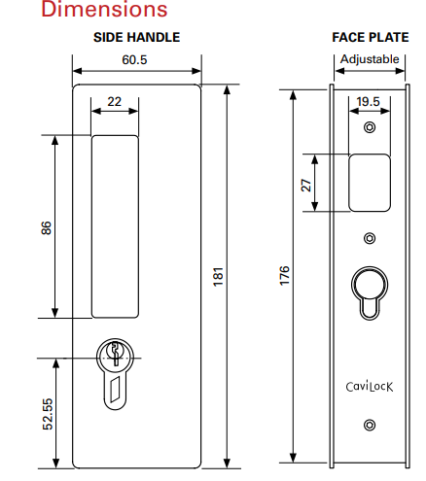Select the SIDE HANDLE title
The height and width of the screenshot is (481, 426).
point(136,38)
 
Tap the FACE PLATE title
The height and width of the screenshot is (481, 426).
point(368,38)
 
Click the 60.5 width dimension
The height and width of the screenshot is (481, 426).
point(135,60)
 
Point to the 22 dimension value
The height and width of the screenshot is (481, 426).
point(114,102)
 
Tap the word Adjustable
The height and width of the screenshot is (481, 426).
point(369,60)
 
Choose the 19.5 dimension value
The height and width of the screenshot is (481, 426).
point(368,102)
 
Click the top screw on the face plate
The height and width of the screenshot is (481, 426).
point(369,128)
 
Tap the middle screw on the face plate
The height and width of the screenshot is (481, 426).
point(369,238)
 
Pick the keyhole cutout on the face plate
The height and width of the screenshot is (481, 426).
point(369,290)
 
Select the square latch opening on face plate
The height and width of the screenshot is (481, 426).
point(368,182)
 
